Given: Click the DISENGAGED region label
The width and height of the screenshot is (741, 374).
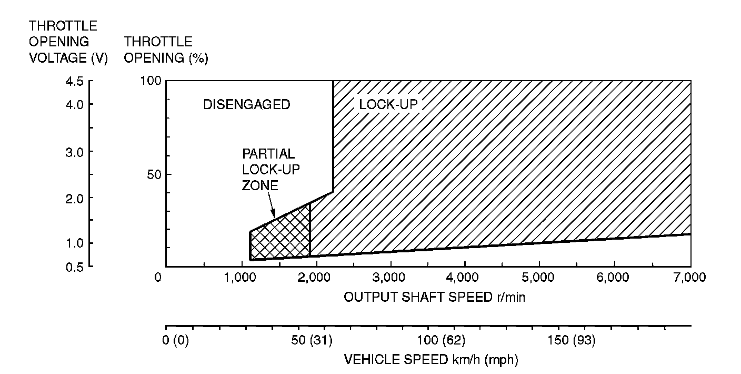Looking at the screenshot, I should (246, 105).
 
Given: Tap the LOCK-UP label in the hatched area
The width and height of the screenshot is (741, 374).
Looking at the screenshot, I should (388, 104).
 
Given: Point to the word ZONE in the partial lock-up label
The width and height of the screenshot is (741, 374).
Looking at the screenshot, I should (259, 185).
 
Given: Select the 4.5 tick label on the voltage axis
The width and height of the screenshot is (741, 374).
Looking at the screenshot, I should (75, 82).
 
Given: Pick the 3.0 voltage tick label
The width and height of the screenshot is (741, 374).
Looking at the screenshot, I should (75, 152).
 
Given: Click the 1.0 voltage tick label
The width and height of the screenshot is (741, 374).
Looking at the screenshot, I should (75, 243).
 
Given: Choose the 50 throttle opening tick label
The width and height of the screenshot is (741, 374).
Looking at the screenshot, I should (153, 174).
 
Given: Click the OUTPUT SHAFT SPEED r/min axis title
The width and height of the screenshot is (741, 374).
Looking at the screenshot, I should (435, 297).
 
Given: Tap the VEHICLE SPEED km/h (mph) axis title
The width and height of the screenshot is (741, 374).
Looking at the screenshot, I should (431, 360).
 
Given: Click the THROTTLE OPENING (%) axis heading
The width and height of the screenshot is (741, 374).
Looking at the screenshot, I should (166, 50).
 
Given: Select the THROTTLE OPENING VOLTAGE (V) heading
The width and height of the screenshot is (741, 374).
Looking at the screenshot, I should (68, 42).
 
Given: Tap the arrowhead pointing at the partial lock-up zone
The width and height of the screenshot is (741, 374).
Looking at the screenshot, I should (274, 215).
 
